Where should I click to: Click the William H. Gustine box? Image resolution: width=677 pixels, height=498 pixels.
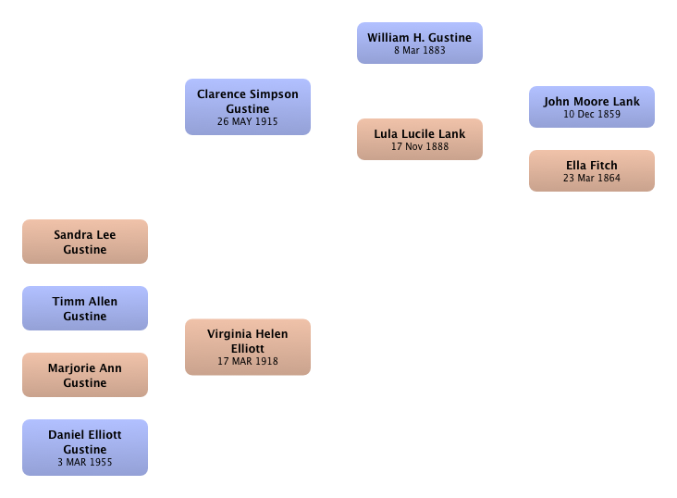(420, 44)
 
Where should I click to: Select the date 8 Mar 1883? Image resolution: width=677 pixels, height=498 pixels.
(420, 50)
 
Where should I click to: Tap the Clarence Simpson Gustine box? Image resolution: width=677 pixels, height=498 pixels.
(248, 106)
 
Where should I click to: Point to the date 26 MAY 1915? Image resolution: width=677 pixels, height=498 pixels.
(247, 121)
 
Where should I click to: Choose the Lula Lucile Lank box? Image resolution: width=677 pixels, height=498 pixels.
(420, 139)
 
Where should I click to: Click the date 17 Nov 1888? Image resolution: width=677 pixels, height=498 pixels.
(420, 146)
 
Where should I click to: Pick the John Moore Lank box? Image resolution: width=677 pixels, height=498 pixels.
(592, 106)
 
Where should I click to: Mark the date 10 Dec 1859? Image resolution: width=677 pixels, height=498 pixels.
(592, 114)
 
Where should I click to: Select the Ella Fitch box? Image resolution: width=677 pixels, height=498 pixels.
(592, 170)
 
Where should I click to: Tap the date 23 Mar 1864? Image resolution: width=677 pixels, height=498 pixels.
(592, 178)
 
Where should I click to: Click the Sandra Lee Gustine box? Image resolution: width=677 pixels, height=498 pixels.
(85, 242)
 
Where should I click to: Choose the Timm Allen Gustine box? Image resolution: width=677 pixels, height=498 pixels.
(85, 308)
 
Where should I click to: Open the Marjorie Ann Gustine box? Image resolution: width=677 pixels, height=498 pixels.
(85, 375)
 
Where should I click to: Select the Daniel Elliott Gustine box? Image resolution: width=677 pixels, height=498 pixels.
(85, 447)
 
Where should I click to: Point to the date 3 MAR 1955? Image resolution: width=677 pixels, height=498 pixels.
(85, 462)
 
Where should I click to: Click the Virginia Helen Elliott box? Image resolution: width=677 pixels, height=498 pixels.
(248, 347)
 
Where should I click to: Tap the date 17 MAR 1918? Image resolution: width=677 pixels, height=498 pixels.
(248, 361)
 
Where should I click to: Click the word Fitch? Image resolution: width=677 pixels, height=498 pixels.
(604, 166)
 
